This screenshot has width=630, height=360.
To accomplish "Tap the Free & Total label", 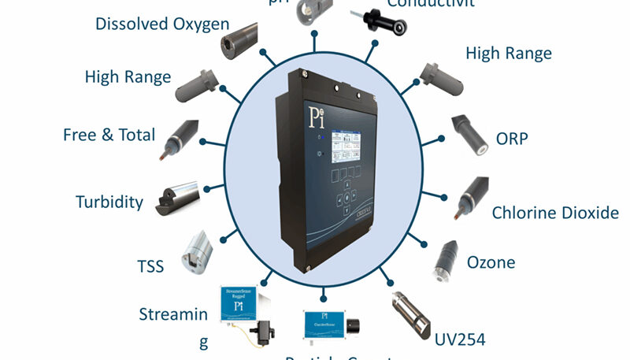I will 109,135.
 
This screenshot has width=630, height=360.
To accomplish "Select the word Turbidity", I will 109,202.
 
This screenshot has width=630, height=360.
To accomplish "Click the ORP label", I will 512,139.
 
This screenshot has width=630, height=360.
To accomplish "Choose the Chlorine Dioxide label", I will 554,213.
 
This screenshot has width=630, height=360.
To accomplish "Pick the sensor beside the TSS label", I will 195,251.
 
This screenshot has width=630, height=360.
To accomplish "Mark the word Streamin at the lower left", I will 173,315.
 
